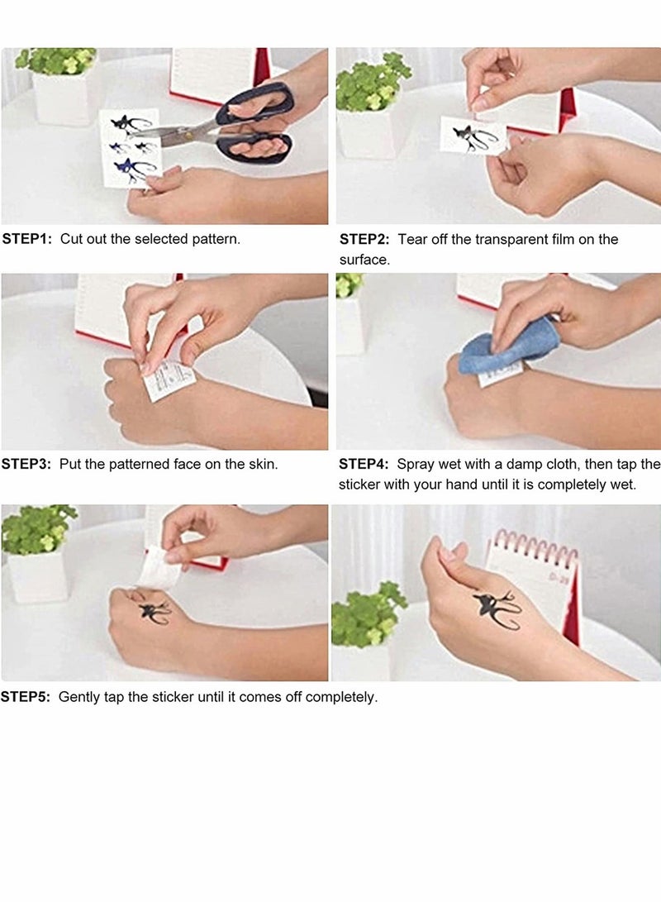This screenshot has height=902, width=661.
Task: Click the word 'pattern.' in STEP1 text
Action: tap(216, 239)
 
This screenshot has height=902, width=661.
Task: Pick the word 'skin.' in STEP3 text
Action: tap(260, 464)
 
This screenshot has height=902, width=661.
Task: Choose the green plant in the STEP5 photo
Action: tap(37, 529)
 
